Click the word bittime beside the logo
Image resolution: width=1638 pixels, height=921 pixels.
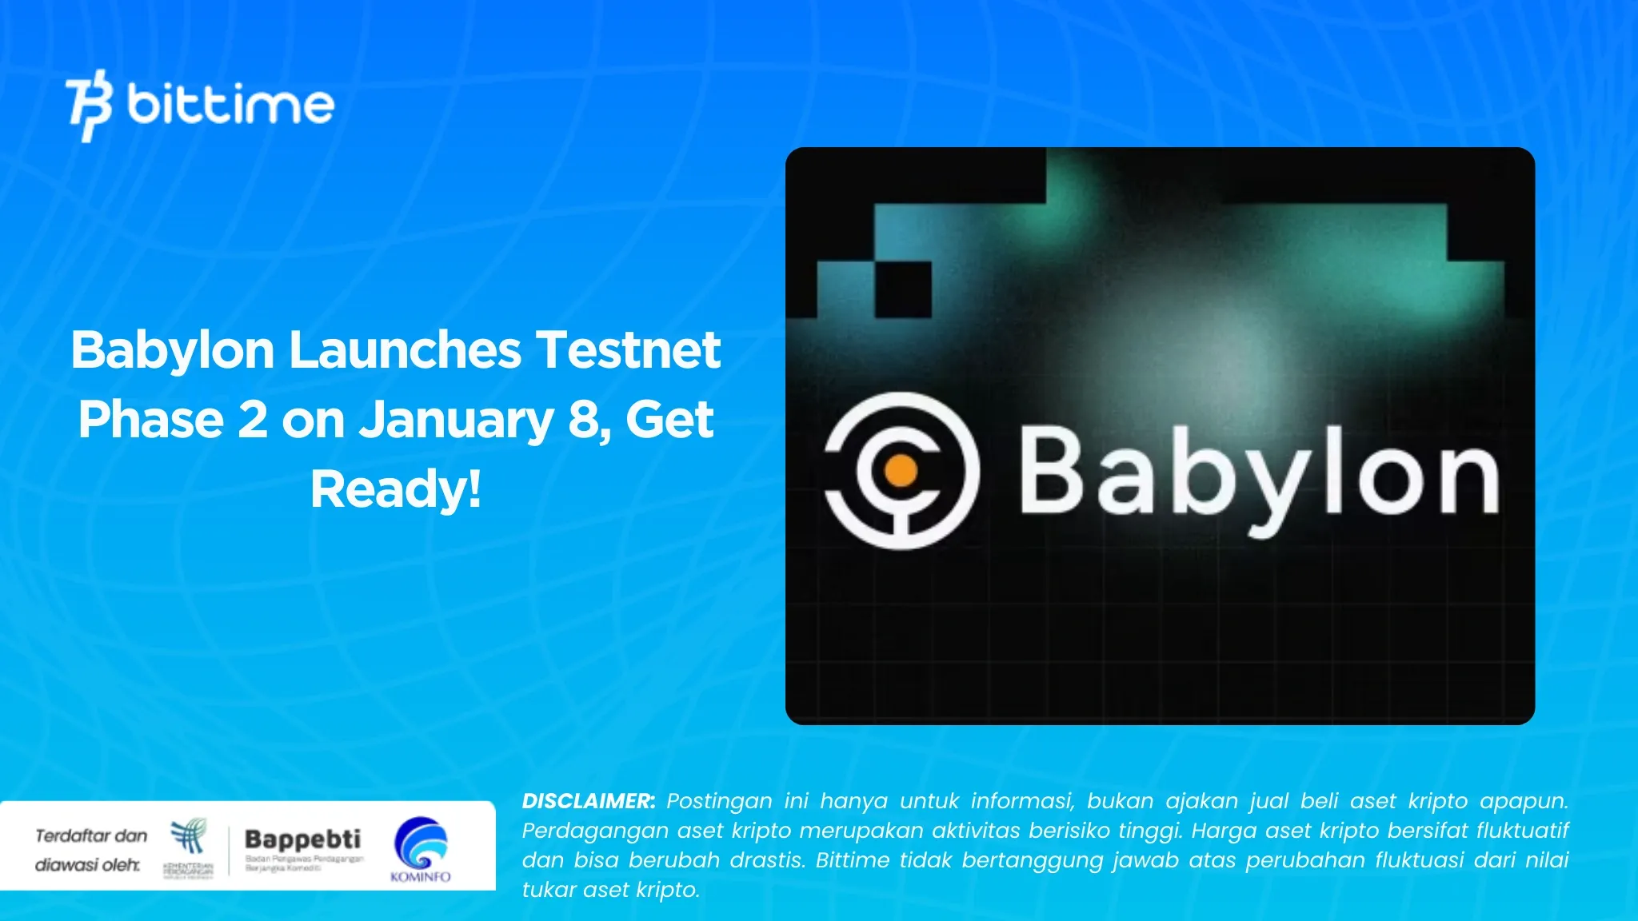(230, 105)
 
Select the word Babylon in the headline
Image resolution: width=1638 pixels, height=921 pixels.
(173, 350)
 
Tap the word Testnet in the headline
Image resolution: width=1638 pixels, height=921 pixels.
(628, 350)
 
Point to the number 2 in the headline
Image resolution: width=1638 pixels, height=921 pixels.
(252, 420)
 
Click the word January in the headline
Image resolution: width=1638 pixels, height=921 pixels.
(456, 421)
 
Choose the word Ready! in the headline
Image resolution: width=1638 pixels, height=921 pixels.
(396, 489)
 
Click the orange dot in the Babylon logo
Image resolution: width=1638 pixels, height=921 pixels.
(901, 471)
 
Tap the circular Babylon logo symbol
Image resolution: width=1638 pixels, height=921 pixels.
(901, 471)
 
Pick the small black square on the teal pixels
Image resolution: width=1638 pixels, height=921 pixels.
(903, 289)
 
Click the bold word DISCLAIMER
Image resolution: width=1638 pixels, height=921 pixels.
(588, 801)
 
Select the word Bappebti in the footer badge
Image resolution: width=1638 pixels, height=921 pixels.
(302, 839)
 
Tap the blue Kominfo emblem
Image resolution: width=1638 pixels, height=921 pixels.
(421, 843)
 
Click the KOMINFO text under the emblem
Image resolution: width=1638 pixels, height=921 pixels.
(421, 876)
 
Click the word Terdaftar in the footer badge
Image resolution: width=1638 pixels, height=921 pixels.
(68, 836)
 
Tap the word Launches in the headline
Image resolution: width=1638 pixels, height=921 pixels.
(405, 350)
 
